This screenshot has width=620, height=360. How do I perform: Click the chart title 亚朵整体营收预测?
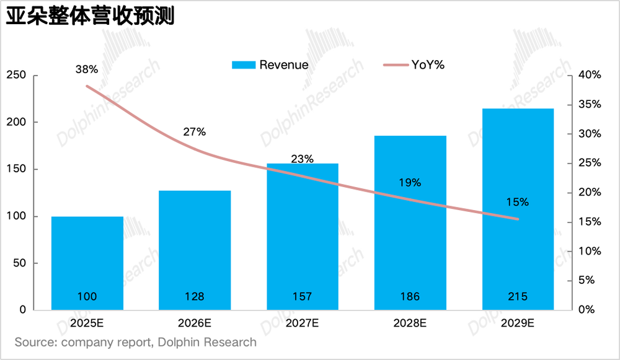(90, 16)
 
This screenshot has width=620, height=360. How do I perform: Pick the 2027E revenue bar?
(303, 235)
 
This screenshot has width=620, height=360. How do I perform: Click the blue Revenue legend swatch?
(242, 64)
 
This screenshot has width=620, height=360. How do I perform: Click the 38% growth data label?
(87, 70)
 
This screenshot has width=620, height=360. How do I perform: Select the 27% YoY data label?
(194, 132)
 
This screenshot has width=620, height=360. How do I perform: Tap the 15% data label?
(517, 202)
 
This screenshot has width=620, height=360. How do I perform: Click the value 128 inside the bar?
(195, 297)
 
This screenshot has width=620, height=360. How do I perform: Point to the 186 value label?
(410, 297)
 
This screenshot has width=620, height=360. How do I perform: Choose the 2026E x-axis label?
(195, 323)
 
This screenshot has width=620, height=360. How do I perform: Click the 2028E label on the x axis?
(410, 323)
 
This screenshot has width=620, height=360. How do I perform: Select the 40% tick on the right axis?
(589, 75)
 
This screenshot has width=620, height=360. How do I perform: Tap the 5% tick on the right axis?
(587, 280)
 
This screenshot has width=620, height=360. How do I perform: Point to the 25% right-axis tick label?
(589, 163)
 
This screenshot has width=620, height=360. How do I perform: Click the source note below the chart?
(135, 342)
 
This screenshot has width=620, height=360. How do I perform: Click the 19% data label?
(410, 183)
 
